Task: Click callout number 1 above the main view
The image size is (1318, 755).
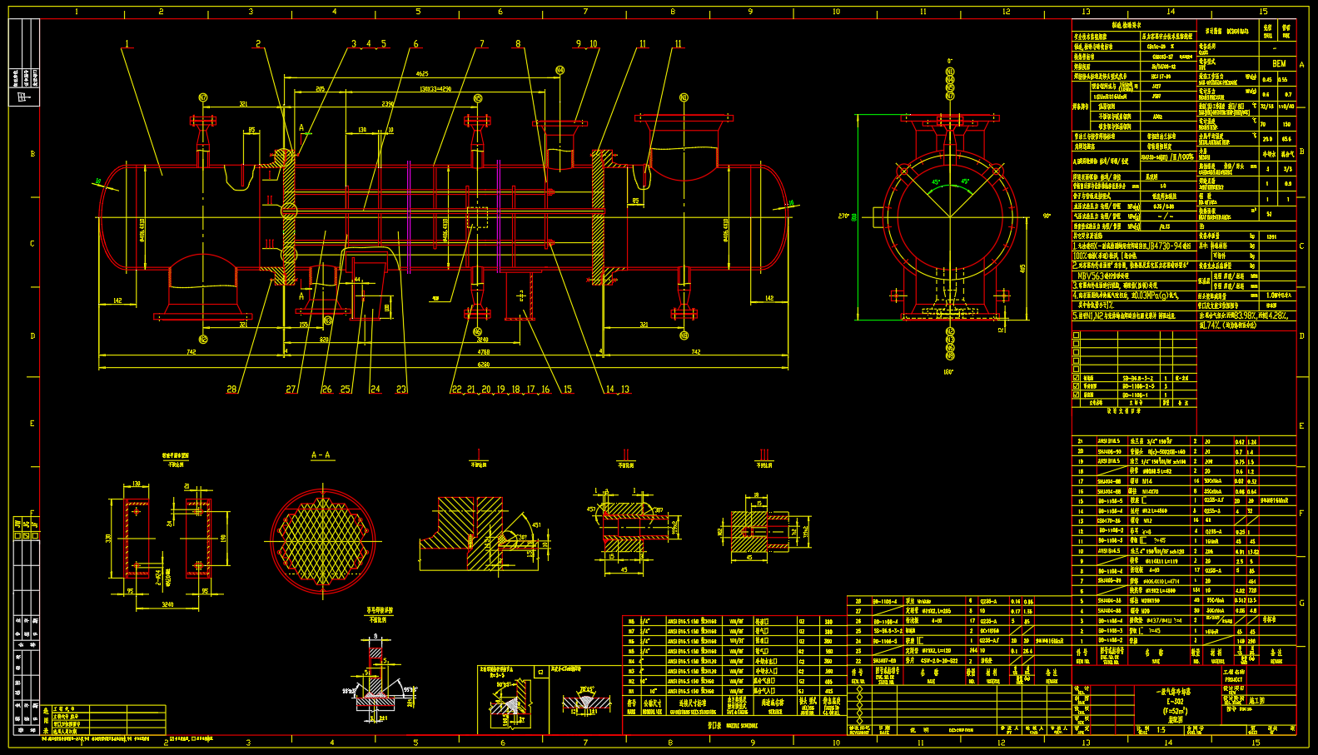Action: [x=127, y=44]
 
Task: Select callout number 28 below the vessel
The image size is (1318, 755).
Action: [x=231, y=389]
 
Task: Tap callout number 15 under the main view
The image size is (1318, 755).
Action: [x=568, y=389]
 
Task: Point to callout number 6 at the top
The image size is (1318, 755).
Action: [x=415, y=44]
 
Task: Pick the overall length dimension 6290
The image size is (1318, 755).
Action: [x=483, y=365]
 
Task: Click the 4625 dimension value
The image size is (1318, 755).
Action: [x=422, y=74]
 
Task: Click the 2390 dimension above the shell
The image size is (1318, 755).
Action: [x=388, y=104]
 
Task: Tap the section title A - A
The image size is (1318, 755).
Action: [x=321, y=455]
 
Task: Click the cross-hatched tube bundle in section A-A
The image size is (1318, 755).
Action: [x=323, y=541]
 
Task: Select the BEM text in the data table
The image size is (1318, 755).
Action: [x=1279, y=63]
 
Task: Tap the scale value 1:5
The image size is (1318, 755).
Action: [x=1161, y=730]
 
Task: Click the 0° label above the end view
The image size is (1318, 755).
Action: [x=949, y=61]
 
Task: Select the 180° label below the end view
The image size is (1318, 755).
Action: [x=948, y=372]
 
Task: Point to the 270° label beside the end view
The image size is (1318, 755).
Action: [x=843, y=216]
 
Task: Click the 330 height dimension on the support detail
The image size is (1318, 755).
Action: [x=108, y=539]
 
